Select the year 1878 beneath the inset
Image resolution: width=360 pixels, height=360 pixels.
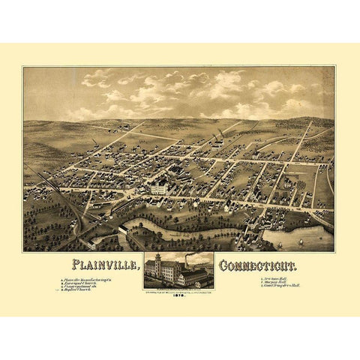coord(180,295)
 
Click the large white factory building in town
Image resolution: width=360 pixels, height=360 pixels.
coord(159,189)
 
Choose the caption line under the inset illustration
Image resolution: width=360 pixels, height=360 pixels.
coord(180,287)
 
